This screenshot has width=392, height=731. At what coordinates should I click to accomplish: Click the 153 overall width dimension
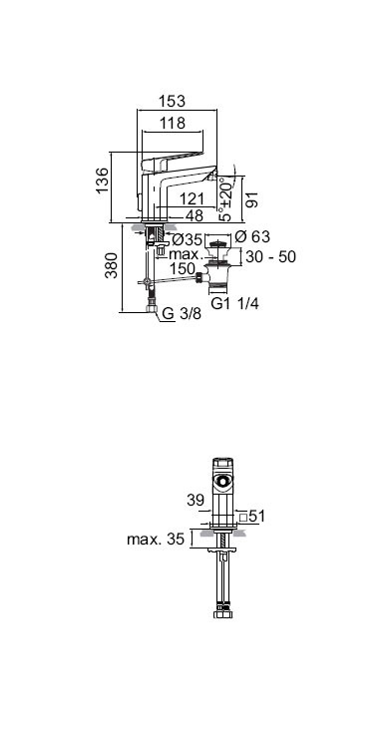pyautogui.click(x=172, y=101)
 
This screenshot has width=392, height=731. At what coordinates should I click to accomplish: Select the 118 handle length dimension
pyautogui.click(x=173, y=123)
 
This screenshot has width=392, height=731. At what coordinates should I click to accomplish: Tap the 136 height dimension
pyautogui.click(x=102, y=181)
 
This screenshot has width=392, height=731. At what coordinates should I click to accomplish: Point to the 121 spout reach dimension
pyautogui.click(x=192, y=199)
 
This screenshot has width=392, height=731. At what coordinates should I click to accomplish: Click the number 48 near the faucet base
pyautogui.click(x=195, y=215)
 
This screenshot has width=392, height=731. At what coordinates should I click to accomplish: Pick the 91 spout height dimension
pyautogui.click(x=251, y=199)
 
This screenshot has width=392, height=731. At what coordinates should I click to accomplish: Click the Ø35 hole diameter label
pyautogui.click(x=187, y=240)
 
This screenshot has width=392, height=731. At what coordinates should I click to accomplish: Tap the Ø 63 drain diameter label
pyautogui.click(x=252, y=236)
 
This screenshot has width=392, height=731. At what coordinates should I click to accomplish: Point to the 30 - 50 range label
pyautogui.click(x=271, y=257)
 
